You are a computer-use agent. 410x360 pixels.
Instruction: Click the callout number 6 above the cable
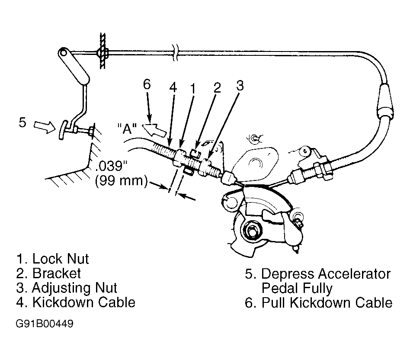[147, 84]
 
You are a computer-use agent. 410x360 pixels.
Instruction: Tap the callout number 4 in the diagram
[173, 87]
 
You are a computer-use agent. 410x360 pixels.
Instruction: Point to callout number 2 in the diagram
[217, 87]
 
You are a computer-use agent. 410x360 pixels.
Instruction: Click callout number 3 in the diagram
[240, 85]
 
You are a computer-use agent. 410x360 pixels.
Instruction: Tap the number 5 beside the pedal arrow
[22, 122]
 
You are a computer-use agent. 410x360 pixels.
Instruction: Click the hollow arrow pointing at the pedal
[45, 127]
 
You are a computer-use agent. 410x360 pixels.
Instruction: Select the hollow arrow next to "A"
[155, 130]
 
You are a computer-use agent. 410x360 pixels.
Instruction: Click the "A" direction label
[127, 129]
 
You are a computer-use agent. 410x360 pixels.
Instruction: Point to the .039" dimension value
[112, 166]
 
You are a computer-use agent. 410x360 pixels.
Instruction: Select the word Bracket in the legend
[57, 273]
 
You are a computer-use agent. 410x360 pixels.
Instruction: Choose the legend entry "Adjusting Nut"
[74, 288]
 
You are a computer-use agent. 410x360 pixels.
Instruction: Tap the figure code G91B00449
[45, 324]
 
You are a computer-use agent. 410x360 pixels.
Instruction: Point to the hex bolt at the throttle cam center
[252, 230]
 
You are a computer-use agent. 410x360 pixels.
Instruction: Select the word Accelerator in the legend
[354, 273]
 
